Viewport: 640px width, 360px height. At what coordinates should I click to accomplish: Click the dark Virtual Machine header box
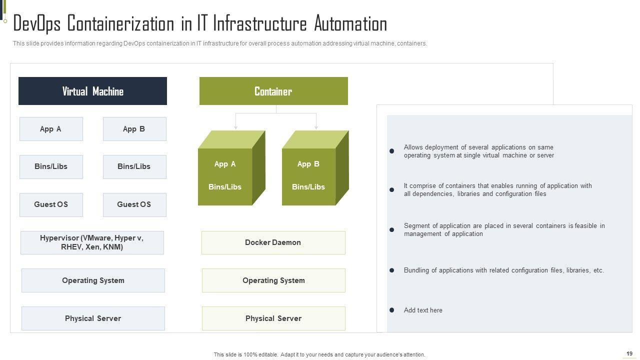point(92,91)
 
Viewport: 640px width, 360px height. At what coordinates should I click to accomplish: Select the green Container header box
point(273,91)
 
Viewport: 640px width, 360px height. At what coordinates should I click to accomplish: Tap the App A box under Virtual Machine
point(51,129)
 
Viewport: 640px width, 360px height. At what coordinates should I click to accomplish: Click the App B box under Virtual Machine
point(134,129)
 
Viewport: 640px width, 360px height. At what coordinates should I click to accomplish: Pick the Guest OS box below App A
point(51,205)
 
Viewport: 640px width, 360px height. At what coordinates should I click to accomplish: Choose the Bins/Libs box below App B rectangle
point(134,167)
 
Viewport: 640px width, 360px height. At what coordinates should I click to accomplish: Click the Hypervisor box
point(92,242)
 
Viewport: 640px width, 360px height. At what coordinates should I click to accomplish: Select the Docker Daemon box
point(273,242)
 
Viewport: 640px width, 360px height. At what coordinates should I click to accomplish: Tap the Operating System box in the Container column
point(273,280)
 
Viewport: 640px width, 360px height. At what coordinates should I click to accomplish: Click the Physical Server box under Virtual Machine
point(93,318)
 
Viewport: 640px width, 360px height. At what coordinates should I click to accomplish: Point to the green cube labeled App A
point(231,168)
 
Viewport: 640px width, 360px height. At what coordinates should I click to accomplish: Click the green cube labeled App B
point(315,168)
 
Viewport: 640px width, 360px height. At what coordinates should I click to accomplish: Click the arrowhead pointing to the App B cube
point(316,127)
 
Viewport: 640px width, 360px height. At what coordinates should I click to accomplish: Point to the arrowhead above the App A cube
point(235,127)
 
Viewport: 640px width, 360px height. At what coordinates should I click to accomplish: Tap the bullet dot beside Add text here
point(391,310)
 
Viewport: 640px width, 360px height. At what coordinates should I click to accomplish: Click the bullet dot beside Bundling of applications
point(391,270)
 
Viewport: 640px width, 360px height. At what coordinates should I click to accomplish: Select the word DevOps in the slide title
point(37,24)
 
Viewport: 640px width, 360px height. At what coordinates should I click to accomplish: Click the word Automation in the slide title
point(350,23)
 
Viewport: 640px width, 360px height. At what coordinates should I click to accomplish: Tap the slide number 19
point(629,353)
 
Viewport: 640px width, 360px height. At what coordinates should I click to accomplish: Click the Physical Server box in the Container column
point(273,318)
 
